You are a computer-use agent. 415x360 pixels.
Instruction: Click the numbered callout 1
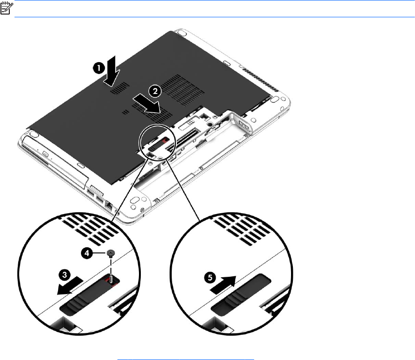98,68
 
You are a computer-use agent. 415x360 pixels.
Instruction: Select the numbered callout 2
155,91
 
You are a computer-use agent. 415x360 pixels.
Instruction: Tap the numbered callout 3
65,275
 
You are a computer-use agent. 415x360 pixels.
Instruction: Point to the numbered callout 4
87,253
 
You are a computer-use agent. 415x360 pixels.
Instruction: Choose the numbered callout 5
210,278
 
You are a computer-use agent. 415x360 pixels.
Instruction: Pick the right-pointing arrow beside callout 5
223,284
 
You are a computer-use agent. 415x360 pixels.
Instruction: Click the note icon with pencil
7,8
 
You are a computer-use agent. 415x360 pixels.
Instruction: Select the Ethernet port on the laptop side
109,205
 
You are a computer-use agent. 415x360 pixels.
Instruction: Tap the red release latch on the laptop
165,140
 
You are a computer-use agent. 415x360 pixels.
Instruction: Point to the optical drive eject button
45,154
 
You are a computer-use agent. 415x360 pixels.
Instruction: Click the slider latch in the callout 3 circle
89,297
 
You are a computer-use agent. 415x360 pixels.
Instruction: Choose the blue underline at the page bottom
186,360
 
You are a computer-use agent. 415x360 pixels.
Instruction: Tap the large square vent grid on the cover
182,89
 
